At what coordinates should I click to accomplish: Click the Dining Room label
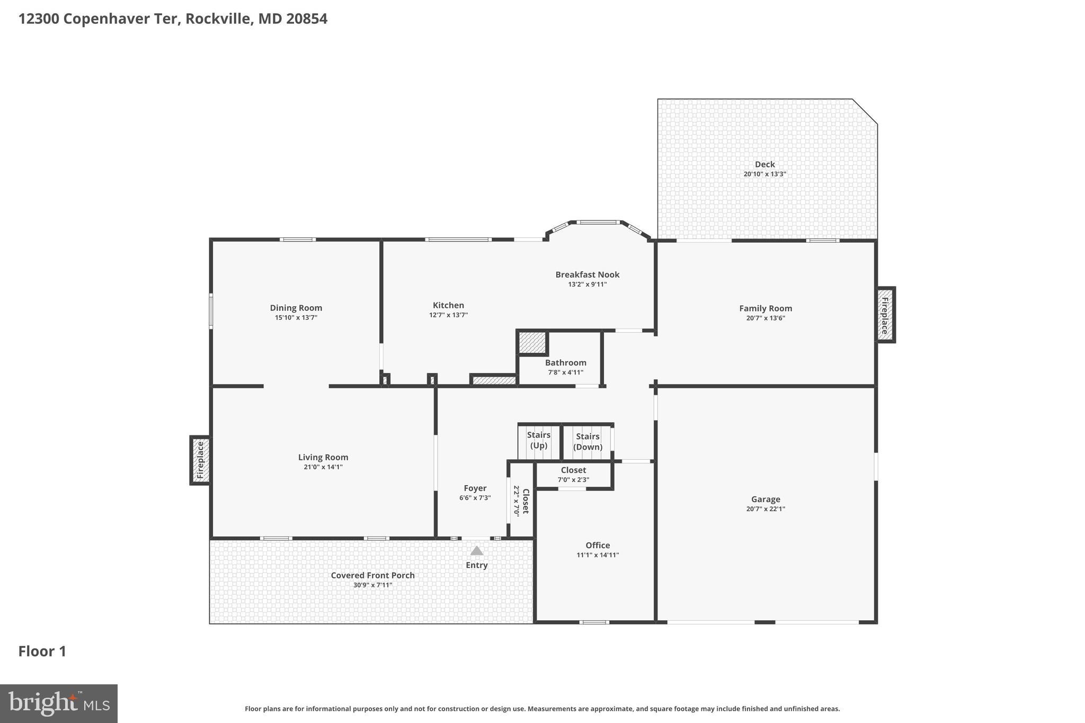pyautogui.click(x=296, y=308)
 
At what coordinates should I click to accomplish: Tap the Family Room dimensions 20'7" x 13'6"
pyautogui.click(x=765, y=318)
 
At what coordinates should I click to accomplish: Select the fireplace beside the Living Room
pyautogui.click(x=200, y=460)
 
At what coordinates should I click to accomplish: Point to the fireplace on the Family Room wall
pyautogui.click(x=885, y=315)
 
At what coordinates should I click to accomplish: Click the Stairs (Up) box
pyautogui.click(x=539, y=440)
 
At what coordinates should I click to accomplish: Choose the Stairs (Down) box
pyautogui.click(x=588, y=442)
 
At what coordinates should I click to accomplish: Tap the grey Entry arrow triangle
pyautogui.click(x=477, y=551)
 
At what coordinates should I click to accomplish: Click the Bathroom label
pyautogui.click(x=565, y=363)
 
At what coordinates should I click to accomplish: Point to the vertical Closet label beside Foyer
pyautogui.click(x=526, y=501)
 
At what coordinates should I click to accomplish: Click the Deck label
pyautogui.click(x=764, y=164)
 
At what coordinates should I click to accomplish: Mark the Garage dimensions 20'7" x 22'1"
pyautogui.click(x=765, y=509)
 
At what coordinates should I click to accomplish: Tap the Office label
pyautogui.click(x=598, y=545)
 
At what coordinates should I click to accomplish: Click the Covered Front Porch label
pyautogui.click(x=372, y=575)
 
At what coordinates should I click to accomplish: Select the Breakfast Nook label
pyautogui.click(x=587, y=274)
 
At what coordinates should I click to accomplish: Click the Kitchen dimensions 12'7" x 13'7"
pyautogui.click(x=448, y=315)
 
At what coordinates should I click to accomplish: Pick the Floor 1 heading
pyautogui.click(x=42, y=651)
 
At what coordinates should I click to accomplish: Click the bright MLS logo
pyautogui.click(x=58, y=703)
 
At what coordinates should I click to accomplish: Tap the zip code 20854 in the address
pyautogui.click(x=307, y=19)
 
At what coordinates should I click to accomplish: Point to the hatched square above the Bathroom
pyautogui.click(x=532, y=343)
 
